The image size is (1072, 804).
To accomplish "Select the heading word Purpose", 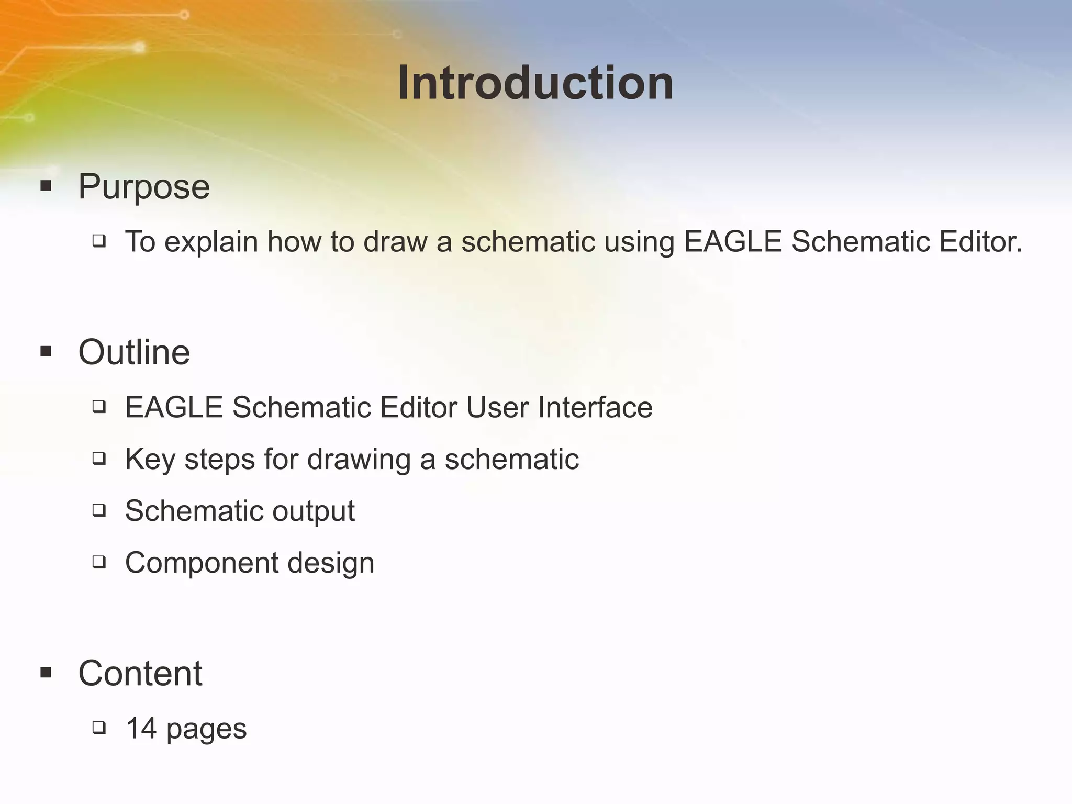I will pyautogui.click(x=144, y=186).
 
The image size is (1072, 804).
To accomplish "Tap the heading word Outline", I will pyautogui.click(x=134, y=352).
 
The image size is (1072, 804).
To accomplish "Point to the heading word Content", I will pyautogui.click(x=140, y=673).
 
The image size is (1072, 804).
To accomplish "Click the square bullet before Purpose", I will pyautogui.click(x=46, y=186).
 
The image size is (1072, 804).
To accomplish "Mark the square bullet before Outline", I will pyautogui.click(x=46, y=351).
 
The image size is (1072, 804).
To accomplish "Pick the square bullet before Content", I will pyautogui.click(x=46, y=673).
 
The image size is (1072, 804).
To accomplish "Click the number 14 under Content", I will pyautogui.click(x=141, y=728).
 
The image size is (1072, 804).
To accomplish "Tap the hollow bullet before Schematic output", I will pyautogui.click(x=99, y=510).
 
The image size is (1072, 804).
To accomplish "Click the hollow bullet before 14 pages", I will pyautogui.click(x=99, y=728).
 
